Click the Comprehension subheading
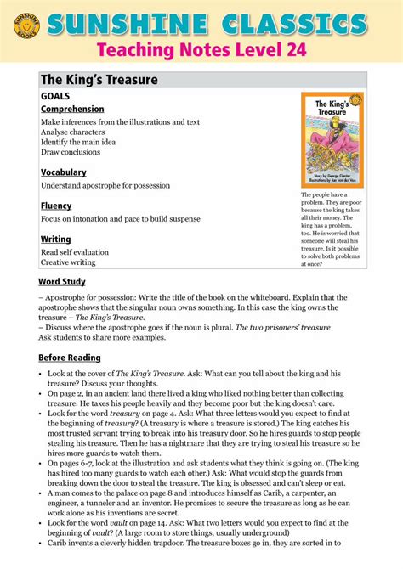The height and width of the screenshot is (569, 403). (72, 110)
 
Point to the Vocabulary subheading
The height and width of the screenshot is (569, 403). (63, 172)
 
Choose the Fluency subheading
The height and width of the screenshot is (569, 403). (56, 206)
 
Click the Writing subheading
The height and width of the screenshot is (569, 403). (56, 239)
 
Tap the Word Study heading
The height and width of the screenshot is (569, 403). (65, 281)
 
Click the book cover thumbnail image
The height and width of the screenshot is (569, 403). (332, 140)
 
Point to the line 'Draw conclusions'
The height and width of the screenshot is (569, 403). (76, 152)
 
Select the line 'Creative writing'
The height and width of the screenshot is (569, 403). (68, 262)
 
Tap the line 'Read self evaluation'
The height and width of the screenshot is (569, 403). (75, 252)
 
